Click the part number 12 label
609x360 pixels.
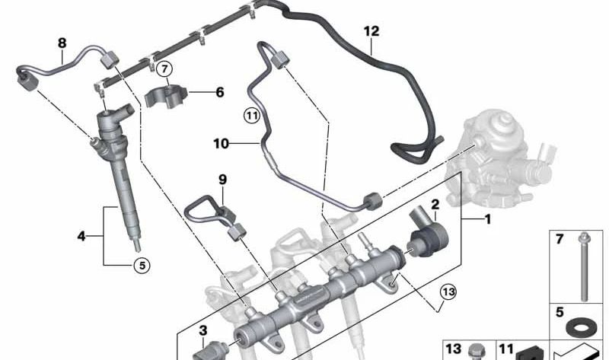pyautogui.click(x=371, y=31)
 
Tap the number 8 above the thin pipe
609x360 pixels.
pyautogui.click(x=62, y=43)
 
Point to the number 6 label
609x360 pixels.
pyautogui.click(x=220, y=92)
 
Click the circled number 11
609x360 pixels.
pyautogui.click(x=252, y=116)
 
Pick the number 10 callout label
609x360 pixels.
pyautogui.click(x=220, y=143)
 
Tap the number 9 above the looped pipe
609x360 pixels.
pyautogui.click(x=222, y=180)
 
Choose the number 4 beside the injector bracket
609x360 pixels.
pyautogui.click(x=81, y=236)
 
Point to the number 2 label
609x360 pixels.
pyautogui.click(x=435, y=204)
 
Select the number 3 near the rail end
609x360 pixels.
pyautogui.click(x=203, y=330)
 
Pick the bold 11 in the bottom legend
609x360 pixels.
pyautogui.click(x=505, y=348)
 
